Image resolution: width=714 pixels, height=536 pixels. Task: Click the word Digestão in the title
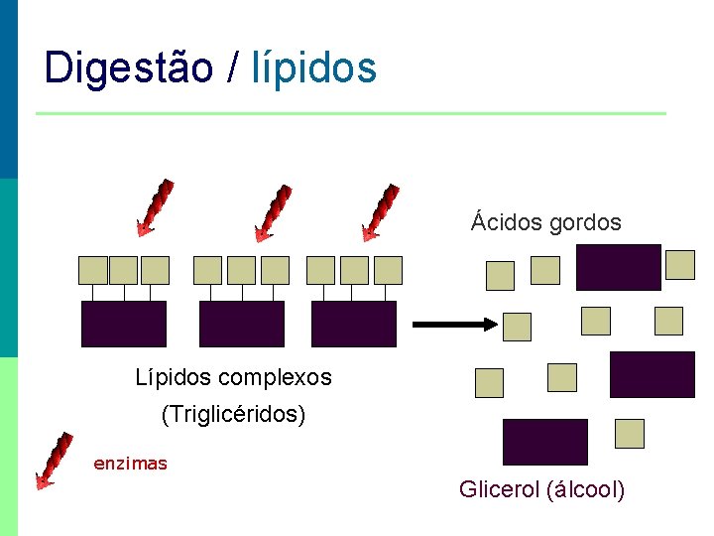(129, 67)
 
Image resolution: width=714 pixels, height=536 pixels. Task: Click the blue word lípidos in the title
(314, 67)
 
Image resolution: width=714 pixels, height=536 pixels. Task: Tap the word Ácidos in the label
(504, 221)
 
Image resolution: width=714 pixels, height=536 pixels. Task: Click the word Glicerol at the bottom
(499, 489)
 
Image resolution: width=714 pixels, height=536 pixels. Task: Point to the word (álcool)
(585, 489)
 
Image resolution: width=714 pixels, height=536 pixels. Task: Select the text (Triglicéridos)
(233, 414)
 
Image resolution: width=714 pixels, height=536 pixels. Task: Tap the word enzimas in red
(130, 463)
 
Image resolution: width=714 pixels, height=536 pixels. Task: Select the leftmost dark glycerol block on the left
(123, 324)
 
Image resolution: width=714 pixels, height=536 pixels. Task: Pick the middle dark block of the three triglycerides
(241, 324)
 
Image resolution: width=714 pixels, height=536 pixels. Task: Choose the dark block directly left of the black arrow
(353, 324)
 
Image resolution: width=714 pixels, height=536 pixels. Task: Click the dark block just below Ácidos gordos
(618, 267)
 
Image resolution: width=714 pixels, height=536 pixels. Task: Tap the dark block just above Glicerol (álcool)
(544, 442)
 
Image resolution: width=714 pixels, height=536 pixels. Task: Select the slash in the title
(232, 67)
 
